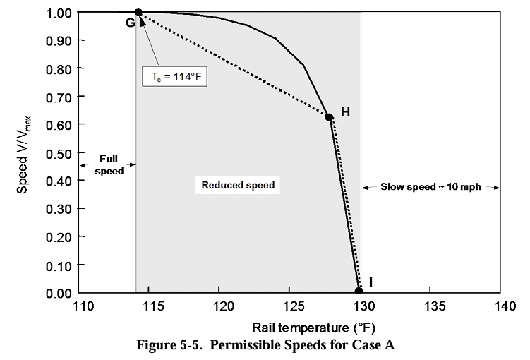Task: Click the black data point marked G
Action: click(138, 12)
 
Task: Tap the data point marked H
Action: click(329, 116)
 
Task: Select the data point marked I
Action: click(359, 291)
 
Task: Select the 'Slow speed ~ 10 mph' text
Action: click(431, 187)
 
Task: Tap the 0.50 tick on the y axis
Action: click(60, 152)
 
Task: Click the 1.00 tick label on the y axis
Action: click(60, 13)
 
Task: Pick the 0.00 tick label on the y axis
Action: click(60, 293)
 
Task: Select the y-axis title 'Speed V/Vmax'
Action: click(23, 151)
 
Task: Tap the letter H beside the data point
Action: click(345, 112)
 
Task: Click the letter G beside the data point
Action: click(130, 23)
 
